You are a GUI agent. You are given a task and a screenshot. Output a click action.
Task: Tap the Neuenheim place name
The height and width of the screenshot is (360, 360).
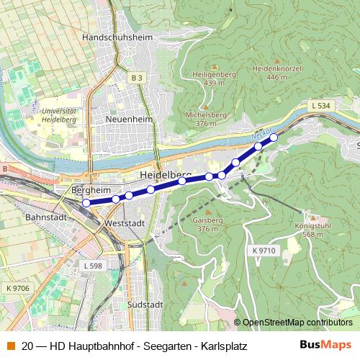(126, 118)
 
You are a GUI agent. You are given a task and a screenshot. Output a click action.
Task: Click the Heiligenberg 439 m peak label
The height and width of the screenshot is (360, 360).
(210, 78)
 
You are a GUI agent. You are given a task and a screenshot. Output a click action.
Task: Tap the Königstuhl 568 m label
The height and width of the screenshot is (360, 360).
(312, 229)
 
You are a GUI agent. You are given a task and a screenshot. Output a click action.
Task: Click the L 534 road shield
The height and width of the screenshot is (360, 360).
(321, 106)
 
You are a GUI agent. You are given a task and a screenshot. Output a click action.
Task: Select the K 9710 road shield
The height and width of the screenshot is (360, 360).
(264, 250)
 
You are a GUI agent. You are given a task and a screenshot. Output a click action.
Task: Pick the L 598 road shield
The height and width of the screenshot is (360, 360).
(93, 266)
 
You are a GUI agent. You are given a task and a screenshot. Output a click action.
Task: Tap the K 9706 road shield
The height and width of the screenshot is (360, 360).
(18, 288)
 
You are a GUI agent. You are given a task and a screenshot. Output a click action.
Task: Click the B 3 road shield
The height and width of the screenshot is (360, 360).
(138, 77)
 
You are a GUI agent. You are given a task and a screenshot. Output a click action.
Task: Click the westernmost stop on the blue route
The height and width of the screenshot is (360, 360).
(86, 203)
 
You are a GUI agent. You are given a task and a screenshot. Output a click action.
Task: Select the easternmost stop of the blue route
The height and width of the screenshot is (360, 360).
(274, 137)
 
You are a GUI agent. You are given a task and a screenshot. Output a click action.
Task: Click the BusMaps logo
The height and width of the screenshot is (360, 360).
(326, 345)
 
